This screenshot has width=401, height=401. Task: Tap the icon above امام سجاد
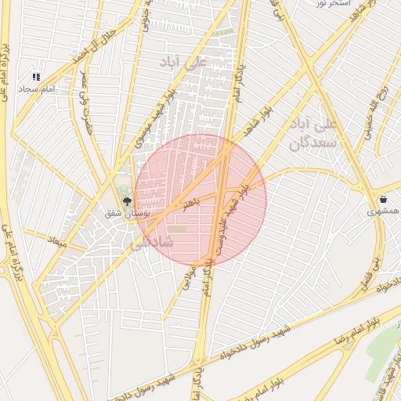36,77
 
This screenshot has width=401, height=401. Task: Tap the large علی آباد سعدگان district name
313,134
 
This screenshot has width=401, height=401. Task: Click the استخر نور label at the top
331,4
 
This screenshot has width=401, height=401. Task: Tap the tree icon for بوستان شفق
127,201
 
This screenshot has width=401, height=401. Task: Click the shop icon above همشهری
383,199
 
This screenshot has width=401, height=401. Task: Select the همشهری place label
384,211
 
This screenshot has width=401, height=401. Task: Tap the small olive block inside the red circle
179,229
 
